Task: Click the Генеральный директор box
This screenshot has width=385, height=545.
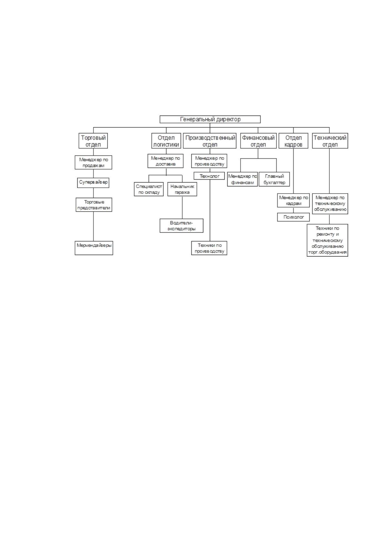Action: click(210, 119)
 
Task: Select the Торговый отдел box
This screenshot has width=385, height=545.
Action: click(93, 141)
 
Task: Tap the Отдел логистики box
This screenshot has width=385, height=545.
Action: click(166, 141)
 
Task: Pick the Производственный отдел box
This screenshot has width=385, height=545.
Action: click(210, 141)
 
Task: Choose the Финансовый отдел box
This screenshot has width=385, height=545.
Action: click(258, 141)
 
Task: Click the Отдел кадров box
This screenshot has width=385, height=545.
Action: click(294, 141)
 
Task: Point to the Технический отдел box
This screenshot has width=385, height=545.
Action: click(330, 141)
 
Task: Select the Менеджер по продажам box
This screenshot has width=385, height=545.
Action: click(93, 162)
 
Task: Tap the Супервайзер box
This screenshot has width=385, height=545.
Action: click(93, 183)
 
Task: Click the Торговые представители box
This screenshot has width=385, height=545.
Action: click(94, 205)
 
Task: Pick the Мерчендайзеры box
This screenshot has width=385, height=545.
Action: click(94, 248)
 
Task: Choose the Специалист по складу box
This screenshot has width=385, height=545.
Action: click(149, 189)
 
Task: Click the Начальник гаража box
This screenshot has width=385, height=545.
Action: click(182, 189)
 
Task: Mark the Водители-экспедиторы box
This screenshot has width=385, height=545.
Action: click(182, 226)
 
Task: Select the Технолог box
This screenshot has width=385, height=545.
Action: click(209, 176)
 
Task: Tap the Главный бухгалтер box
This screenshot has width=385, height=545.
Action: click(274, 179)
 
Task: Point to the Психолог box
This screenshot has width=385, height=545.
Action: click(294, 217)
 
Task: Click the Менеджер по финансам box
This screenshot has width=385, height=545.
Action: click(242, 179)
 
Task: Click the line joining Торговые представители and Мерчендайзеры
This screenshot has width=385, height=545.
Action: click(93, 226)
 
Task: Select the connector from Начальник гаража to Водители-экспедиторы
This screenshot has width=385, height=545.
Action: click(182, 207)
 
